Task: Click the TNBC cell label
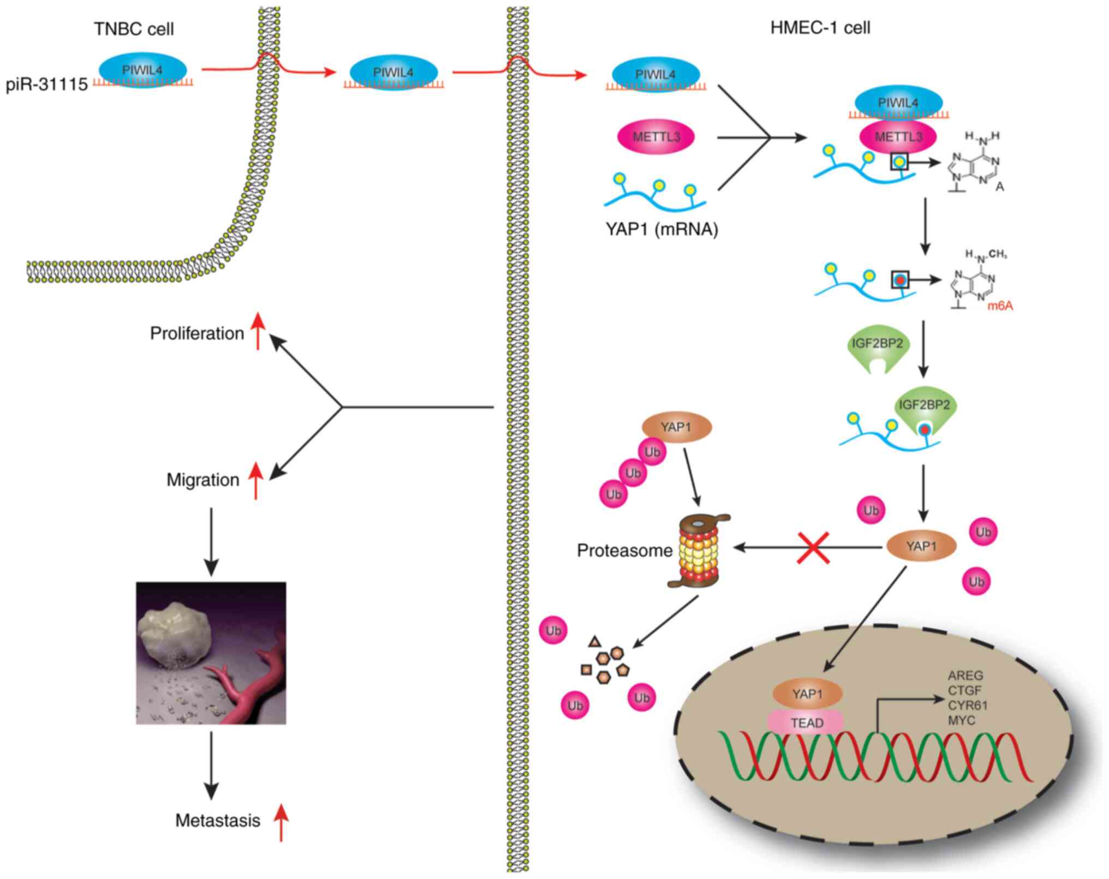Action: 134,29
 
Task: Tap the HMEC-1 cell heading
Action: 820,28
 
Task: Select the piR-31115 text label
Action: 47,85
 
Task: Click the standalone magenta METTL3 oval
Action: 656,137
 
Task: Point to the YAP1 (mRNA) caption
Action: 661,229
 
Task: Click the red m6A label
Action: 1000,306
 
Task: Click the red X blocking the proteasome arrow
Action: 813,547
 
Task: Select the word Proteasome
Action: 624,551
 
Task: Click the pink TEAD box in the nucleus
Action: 807,723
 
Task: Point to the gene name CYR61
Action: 968,705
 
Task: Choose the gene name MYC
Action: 961,720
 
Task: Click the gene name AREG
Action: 965,676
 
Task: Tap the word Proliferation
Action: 197,333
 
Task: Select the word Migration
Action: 203,480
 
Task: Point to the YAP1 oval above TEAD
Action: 807,694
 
